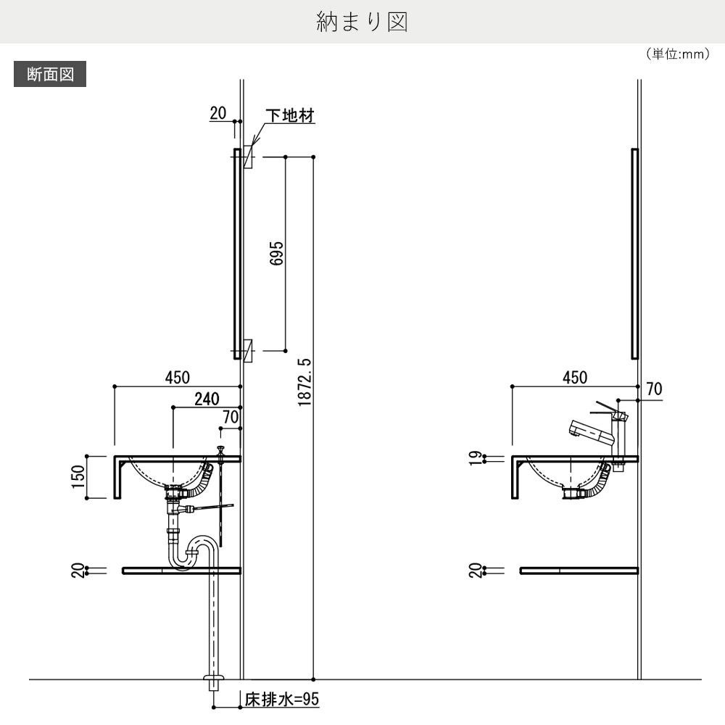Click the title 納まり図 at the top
point(362,22)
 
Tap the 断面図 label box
point(50,74)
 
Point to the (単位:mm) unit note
point(677,54)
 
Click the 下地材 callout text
point(290,115)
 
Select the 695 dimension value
point(276,253)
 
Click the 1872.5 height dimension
point(304,382)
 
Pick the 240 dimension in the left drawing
point(207,399)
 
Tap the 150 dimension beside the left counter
point(78,476)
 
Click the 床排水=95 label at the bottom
point(282,699)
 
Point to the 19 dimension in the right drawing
point(476,458)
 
